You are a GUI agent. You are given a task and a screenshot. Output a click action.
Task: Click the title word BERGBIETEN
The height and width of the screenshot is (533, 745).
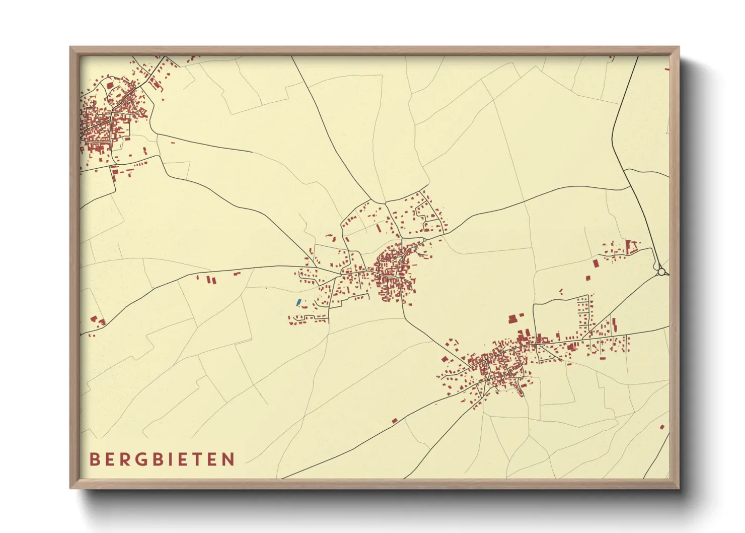click(162, 459)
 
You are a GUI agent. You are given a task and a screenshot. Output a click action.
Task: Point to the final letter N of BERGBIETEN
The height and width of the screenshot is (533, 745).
click(230, 459)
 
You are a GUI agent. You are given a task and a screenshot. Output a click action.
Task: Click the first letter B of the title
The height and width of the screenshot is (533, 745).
click(94, 459)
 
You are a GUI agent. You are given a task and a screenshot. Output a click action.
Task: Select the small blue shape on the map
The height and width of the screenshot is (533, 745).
click(298, 302)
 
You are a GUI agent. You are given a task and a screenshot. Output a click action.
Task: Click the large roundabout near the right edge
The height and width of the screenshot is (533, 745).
click(661, 272)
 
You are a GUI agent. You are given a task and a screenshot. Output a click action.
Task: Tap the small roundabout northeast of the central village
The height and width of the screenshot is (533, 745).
click(424, 240)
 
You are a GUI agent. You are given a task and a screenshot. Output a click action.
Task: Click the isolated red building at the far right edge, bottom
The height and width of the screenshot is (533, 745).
click(662, 427)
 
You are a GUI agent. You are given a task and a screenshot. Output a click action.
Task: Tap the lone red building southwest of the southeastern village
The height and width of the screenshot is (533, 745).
click(395, 420)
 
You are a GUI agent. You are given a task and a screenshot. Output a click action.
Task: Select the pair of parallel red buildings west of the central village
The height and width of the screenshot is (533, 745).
click(210, 279)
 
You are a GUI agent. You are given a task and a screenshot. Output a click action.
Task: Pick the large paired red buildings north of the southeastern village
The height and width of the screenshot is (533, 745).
click(513, 318)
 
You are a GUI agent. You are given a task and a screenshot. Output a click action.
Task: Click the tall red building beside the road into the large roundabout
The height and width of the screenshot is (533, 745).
click(628, 247)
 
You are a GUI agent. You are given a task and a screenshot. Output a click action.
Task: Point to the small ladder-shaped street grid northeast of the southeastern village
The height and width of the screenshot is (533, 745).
click(584, 312)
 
